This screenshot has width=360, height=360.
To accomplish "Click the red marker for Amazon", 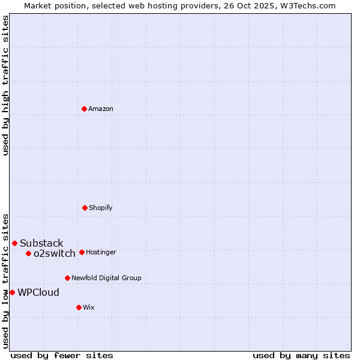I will pyautogui.click(x=84, y=109).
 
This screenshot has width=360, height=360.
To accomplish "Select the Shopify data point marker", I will pyautogui.click(x=85, y=208).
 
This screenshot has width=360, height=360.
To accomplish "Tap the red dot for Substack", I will pyautogui.click(x=14, y=243).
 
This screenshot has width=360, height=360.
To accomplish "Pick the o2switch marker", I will pyautogui.click(x=28, y=253).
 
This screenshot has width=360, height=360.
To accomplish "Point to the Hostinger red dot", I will pyautogui.click(x=82, y=252).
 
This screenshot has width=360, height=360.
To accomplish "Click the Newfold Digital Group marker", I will pyautogui.click(x=67, y=278).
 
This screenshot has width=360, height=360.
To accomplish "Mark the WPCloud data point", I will pyautogui.click(x=12, y=292).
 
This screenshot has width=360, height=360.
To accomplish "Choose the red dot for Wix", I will pyautogui.click(x=79, y=307).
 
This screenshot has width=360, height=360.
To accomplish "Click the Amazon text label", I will pyautogui.click(x=101, y=109).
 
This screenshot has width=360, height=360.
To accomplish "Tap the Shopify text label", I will pyautogui.click(x=101, y=208).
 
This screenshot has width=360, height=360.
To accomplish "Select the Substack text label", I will pyautogui.click(x=41, y=243).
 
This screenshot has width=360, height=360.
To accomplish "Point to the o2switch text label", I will pyautogui.click(x=55, y=253).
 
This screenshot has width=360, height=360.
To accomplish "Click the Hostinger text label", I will pyautogui.click(x=101, y=252).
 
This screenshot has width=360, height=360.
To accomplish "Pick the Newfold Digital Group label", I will pyautogui.click(x=106, y=278).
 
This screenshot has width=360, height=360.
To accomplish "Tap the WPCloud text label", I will pyautogui.click(x=38, y=292).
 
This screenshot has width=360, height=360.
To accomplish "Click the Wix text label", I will pyautogui.click(x=89, y=307).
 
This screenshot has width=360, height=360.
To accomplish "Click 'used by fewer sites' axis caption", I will pyautogui.click(x=62, y=355).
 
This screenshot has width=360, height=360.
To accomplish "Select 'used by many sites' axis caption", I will pyautogui.click(x=301, y=355).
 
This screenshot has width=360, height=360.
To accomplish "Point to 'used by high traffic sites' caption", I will pyautogui.click(x=5, y=85).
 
